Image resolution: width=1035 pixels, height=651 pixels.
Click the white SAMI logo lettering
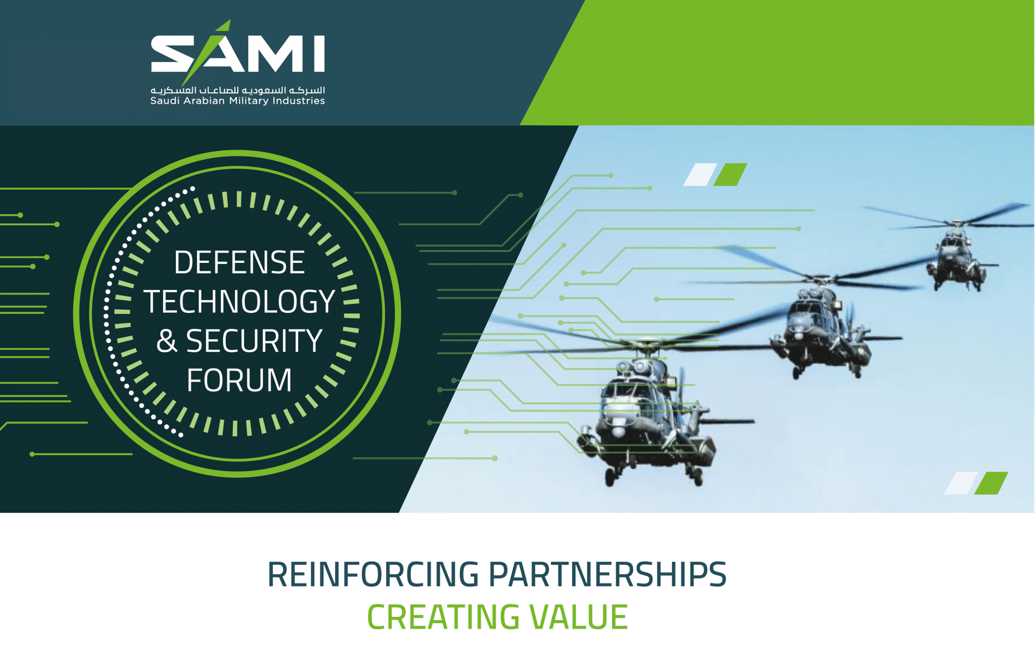click(238, 54)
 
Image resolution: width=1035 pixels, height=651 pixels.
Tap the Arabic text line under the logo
click(238, 90)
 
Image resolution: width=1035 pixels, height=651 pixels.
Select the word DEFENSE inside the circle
click(239, 262)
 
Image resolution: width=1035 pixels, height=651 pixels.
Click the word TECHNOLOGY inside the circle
click(239, 301)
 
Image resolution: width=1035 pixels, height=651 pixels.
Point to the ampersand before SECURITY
click(166, 341)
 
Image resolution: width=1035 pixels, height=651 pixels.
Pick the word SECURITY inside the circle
click(254, 341)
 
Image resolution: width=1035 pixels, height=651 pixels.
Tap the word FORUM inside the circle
click(239, 380)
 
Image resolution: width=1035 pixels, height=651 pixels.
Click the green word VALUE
click(579, 617)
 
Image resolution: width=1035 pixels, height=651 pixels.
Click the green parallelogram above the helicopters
click(730, 175)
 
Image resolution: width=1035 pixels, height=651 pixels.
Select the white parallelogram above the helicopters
click(700, 175)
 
